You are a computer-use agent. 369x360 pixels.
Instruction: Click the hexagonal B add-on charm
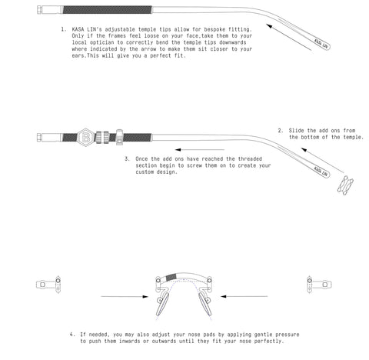click(x=86, y=138)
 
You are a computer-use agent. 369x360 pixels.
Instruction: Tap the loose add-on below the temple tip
click(x=345, y=185)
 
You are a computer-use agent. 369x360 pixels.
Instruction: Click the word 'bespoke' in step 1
click(x=214, y=29)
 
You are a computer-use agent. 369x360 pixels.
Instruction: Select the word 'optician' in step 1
click(x=101, y=42)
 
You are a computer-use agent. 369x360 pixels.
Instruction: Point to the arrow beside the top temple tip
click(x=289, y=37)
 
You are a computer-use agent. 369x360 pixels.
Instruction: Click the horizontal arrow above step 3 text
click(x=200, y=149)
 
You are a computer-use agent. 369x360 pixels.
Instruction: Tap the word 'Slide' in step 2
click(x=296, y=131)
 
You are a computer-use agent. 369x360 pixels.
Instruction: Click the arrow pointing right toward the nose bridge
click(x=125, y=297)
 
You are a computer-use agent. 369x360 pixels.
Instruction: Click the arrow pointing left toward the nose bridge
click(x=244, y=297)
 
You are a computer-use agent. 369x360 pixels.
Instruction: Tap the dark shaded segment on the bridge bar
click(x=171, y=277)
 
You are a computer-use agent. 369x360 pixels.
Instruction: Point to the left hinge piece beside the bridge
click(x=48, y=285)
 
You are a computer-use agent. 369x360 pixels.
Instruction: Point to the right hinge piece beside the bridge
click(x=319, y=285)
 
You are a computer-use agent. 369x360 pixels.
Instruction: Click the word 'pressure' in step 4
click(x=288, y=335)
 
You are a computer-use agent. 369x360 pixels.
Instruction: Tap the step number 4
click(x=71, y=335)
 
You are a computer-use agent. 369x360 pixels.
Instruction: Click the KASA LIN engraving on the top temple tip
click(x=321, y=43)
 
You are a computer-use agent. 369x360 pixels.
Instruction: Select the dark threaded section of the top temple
click(x=107, y=10)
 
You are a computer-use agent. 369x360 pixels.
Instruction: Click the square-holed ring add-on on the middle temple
click(x=119, y=138)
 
